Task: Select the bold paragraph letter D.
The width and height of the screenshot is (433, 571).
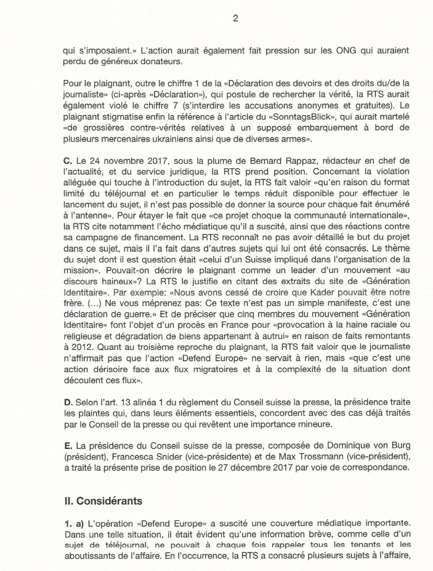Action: (67, 402)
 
